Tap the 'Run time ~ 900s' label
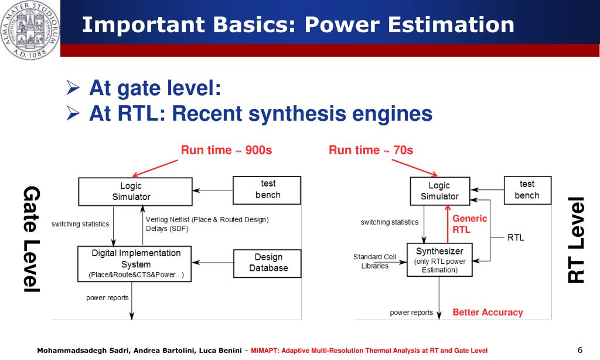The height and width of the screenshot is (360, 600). (226, 150)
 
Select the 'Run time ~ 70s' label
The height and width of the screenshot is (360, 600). (371, 150)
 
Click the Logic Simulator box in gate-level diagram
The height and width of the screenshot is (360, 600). (135, 192)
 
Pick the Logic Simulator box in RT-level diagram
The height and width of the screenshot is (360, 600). (439, 191)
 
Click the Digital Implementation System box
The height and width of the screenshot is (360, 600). (135, 263)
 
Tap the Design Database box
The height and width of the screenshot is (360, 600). (267, 263)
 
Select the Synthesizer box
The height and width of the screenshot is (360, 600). (439, 260)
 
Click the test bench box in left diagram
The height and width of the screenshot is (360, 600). (267, 190)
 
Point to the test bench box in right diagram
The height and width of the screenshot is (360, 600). (527, 190)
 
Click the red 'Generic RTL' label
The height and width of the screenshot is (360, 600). (469, 224)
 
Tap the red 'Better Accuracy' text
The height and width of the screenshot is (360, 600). (487, 313)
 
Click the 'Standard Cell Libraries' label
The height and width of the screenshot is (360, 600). (375, 261)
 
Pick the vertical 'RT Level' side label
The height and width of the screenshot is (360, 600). (577, 240)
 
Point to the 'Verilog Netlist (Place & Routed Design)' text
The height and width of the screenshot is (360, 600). (207, 220)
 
